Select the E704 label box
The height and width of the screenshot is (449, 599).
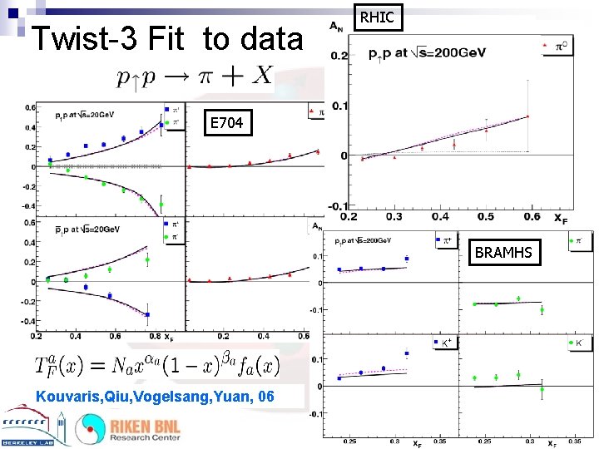click(x=226, y=123)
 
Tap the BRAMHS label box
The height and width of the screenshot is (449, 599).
click(x=503, y=252)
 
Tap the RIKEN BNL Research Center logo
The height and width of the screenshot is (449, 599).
click(x=129, y=428)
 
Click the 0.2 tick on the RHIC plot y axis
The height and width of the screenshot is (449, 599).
click(x=339, y=57)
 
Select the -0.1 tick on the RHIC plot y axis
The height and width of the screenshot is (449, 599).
click(x=337, y=205)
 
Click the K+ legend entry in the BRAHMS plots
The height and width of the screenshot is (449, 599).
click(x=443, y=342)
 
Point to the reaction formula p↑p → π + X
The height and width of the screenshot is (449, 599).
click(x=195, y=76)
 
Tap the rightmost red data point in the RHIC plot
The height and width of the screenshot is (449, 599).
click(x=527, y=116)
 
